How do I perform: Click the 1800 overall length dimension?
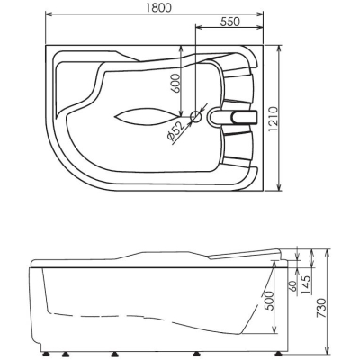[159, 7]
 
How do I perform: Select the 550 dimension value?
[230, 22]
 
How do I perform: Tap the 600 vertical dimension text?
[176, 83]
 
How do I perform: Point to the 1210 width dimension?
[274, 119]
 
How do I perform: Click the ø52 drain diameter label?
[175, 131]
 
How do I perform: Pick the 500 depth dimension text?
[269, 301]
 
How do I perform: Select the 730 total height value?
[321, 309]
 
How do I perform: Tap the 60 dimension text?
[293, 286]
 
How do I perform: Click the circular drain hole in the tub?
[196, 116]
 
